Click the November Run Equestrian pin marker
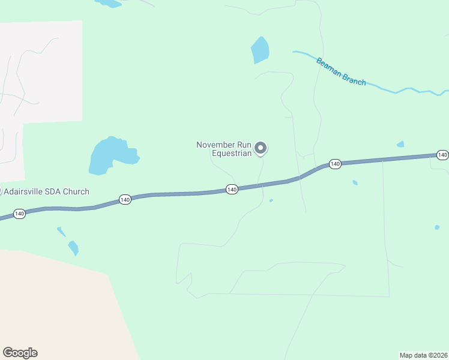(261, 148)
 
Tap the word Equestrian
(231, 153)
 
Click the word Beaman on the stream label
(328, 65)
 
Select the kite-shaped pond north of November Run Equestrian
(260, 50)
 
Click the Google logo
(20, 353)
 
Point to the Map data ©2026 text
(423, 355)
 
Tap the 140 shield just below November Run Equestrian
(232, 190)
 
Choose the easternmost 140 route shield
(442, 155)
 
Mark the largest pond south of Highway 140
(73, 247)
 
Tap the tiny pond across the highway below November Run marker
(271, 200)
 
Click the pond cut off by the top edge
(109, 3)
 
